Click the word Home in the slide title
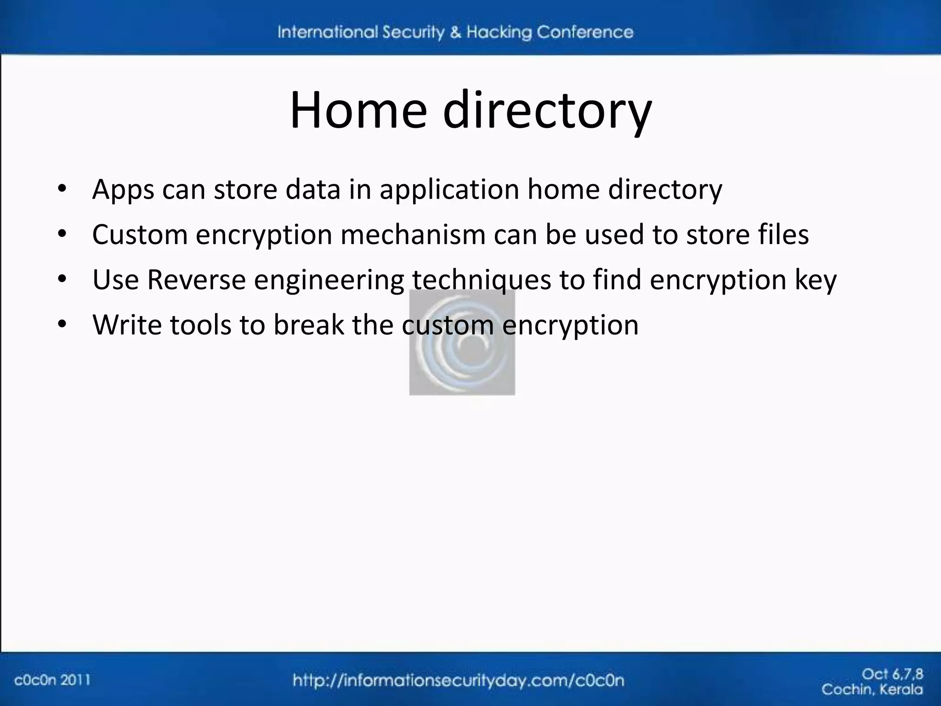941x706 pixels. coord(358,110)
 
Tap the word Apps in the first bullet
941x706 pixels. coord(123,189)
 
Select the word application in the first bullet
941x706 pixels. coord(449,189)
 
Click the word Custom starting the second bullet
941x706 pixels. coord(140,234)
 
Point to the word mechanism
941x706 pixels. coord(413,234)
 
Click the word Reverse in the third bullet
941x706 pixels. coord(196,279)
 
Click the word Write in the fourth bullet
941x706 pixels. coord(127,325)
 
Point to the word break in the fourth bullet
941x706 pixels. coord(308,325)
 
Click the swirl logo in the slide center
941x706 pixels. coord(462,342)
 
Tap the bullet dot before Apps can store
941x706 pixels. coord(62,189)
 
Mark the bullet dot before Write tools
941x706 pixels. coord(62,324)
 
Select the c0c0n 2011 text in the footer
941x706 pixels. coord(52,680)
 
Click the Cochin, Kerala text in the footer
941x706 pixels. coord(872,689)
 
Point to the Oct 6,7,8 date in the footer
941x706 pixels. coord(892,674)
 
